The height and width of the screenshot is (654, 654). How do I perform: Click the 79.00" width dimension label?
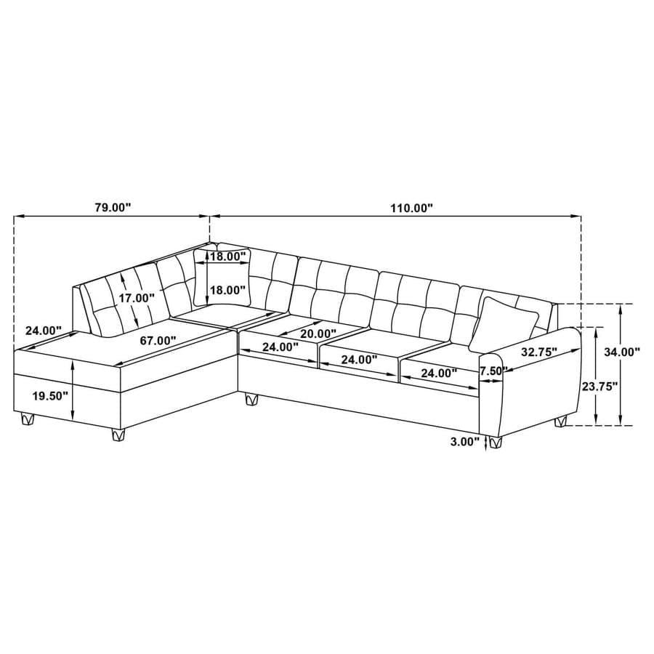[x=113, y=207]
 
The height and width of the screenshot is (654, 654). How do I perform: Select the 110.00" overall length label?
[x=411, y=207]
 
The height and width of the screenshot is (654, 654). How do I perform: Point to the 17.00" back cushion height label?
[x=138, y=298]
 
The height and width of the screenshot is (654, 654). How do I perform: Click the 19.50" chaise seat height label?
[x=51, y=395]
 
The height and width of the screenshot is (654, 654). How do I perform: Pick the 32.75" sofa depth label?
[x=538, y=352]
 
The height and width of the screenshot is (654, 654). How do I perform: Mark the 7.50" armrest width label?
[x=492, y=371]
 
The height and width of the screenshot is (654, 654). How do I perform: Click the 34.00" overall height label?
[x=621, y=352]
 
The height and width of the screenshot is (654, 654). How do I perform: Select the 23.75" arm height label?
[x=599, y=386]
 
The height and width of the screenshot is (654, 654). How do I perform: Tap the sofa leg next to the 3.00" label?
[x=496, y=441]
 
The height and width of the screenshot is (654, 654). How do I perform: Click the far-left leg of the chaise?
[x=27, y=419]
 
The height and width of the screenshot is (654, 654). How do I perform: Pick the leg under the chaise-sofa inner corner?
[x=252, y=398]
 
